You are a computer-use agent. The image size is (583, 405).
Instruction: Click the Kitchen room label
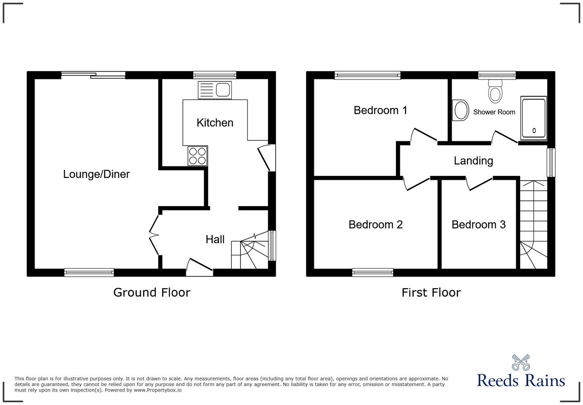(215, 123)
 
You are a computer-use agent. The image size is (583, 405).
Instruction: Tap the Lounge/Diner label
(96, 174)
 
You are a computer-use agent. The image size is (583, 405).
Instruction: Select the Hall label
(215, 239)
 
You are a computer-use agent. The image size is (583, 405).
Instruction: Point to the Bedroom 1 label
(380, 110)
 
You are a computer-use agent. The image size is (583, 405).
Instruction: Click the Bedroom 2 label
(376, 224)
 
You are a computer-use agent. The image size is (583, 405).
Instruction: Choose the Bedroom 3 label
(479, 224)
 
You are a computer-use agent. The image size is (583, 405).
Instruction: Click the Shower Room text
(494, 112)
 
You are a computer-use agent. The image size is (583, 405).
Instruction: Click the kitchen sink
(215, 90)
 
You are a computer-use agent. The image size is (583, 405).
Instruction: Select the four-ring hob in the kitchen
(197, 156)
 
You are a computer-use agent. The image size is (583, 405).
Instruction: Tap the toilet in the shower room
(495, 91)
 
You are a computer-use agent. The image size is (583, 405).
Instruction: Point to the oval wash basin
(460, 110)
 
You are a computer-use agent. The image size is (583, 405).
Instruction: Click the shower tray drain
(534, 131)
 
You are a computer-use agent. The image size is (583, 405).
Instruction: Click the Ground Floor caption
(152, 293)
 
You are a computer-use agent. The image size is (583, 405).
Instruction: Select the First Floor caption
(431, 293)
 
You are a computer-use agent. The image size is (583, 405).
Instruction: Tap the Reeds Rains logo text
(521, 380)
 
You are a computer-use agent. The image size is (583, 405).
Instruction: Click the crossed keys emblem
(521, 362)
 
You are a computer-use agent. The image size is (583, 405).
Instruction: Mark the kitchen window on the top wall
(215, 75)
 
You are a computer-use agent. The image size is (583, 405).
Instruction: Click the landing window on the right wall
(551, 162)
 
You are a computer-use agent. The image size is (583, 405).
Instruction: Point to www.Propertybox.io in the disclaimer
(158, 390)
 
